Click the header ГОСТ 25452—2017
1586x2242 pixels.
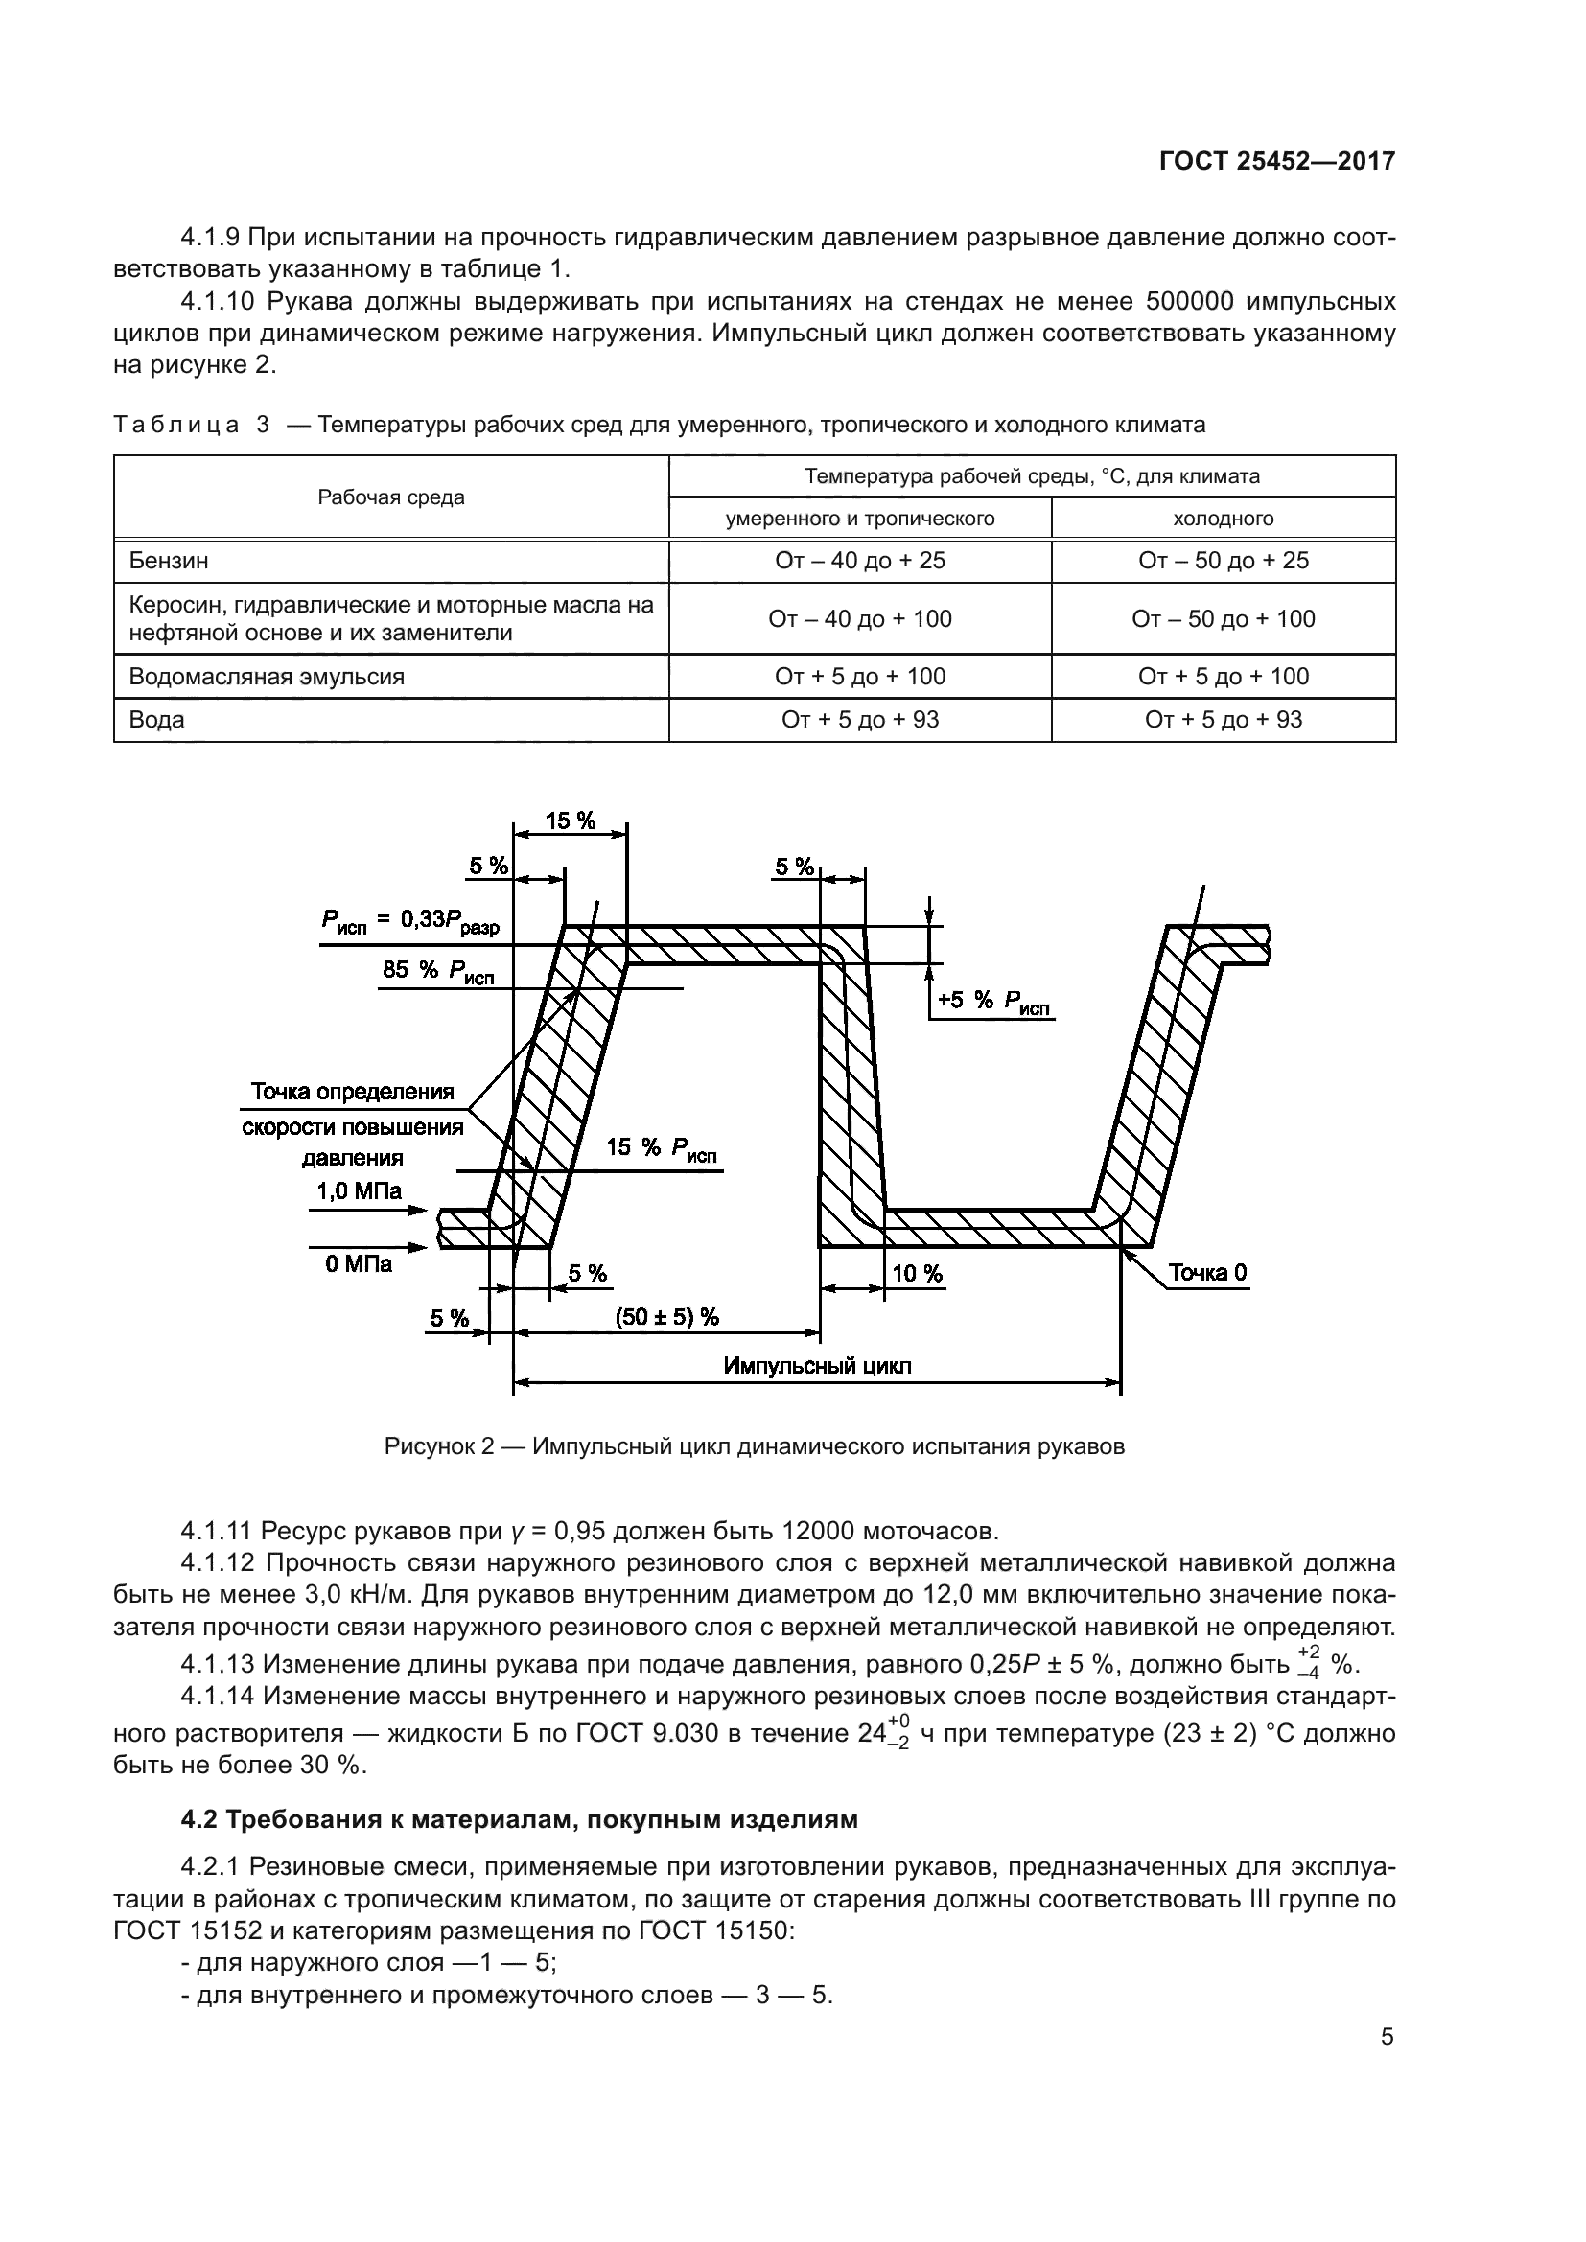[1276, 161]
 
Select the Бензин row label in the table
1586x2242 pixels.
[169, 561]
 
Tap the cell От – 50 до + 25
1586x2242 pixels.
[1223, 561]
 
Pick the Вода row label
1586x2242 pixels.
[157, 720]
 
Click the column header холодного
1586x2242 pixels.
[1223, 519]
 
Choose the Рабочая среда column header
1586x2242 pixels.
[390, 497]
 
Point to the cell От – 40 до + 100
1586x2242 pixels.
[859, 618]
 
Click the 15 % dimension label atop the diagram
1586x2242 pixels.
[571, 821]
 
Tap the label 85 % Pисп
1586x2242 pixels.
[438, 971]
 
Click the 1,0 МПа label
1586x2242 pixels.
[359, 1190]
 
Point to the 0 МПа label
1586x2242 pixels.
[359, 1264]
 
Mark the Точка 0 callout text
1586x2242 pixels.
[1207, 1272]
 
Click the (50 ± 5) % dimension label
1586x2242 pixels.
[667, 1317]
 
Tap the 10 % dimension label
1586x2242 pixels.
[917, 1273]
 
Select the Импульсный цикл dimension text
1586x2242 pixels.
[817, 1365]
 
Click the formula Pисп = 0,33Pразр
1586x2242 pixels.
[410, 920]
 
